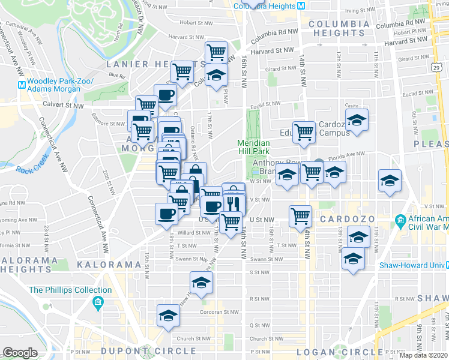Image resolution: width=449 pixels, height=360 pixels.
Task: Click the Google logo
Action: coord(20,353)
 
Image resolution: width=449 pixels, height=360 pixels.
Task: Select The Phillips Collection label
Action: coord(70,290)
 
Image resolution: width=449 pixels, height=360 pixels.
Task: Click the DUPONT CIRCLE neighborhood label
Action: coord(149,351)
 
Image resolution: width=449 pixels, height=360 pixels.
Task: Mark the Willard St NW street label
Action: coord(193,233)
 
